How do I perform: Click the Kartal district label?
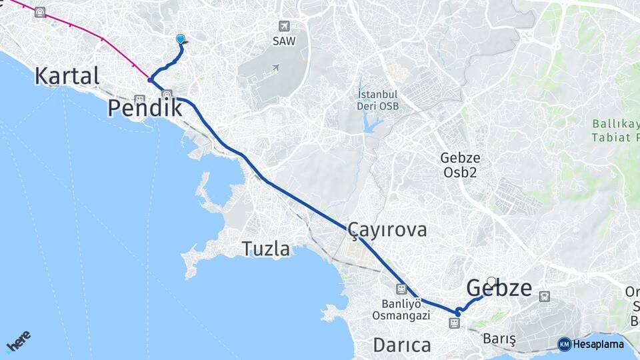coord(67,75)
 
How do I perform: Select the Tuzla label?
coord(266,249)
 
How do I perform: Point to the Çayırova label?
coord(387,230)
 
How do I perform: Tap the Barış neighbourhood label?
coord(500,339)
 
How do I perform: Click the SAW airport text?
coord(284,41)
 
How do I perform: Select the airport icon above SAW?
coord(285,26)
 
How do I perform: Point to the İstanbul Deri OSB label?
coord(378,100)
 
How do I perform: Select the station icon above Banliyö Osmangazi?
coord(401,289)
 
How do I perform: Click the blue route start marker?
coord(180,39)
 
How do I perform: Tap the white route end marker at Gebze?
coord(492,281)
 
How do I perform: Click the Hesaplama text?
coord(599,344)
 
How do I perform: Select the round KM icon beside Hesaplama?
coord(565,344)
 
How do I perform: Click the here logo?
coord(18,343)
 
